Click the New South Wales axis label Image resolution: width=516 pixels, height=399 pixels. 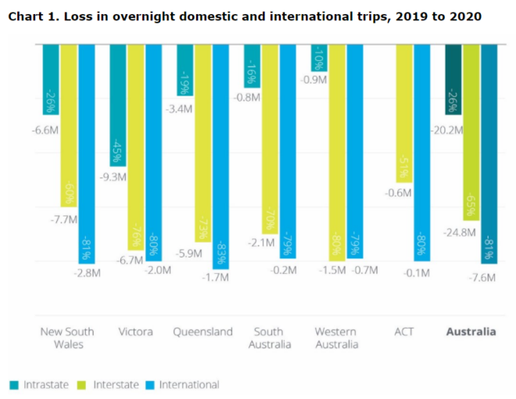tap(62, 337)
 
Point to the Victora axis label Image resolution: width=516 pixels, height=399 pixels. tap(135, 331)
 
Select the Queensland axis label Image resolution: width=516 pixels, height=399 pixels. tap(202, 331)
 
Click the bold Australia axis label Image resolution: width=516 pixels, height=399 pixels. tap(471, 331)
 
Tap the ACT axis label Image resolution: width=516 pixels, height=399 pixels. tap(404, 331)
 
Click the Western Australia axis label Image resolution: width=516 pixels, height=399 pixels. tap(337, 337)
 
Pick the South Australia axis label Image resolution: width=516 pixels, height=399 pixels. tap(270, 337)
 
